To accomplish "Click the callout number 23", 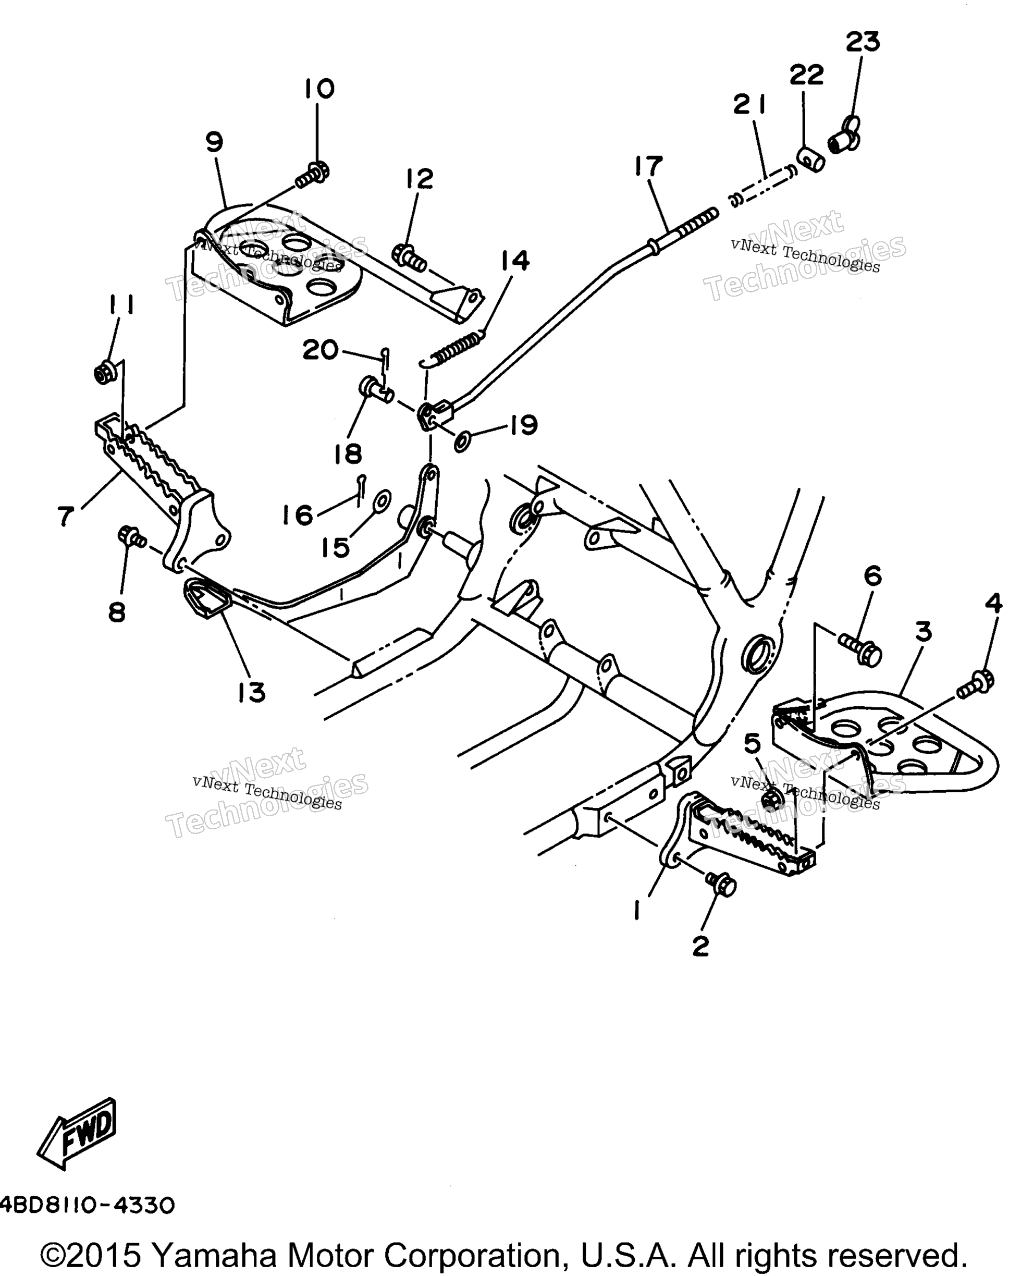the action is tap(863, 42).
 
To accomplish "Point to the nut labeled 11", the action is tap(105, 373).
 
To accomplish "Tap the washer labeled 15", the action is tap(382, 501).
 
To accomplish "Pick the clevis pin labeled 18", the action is tap(376, 390).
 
